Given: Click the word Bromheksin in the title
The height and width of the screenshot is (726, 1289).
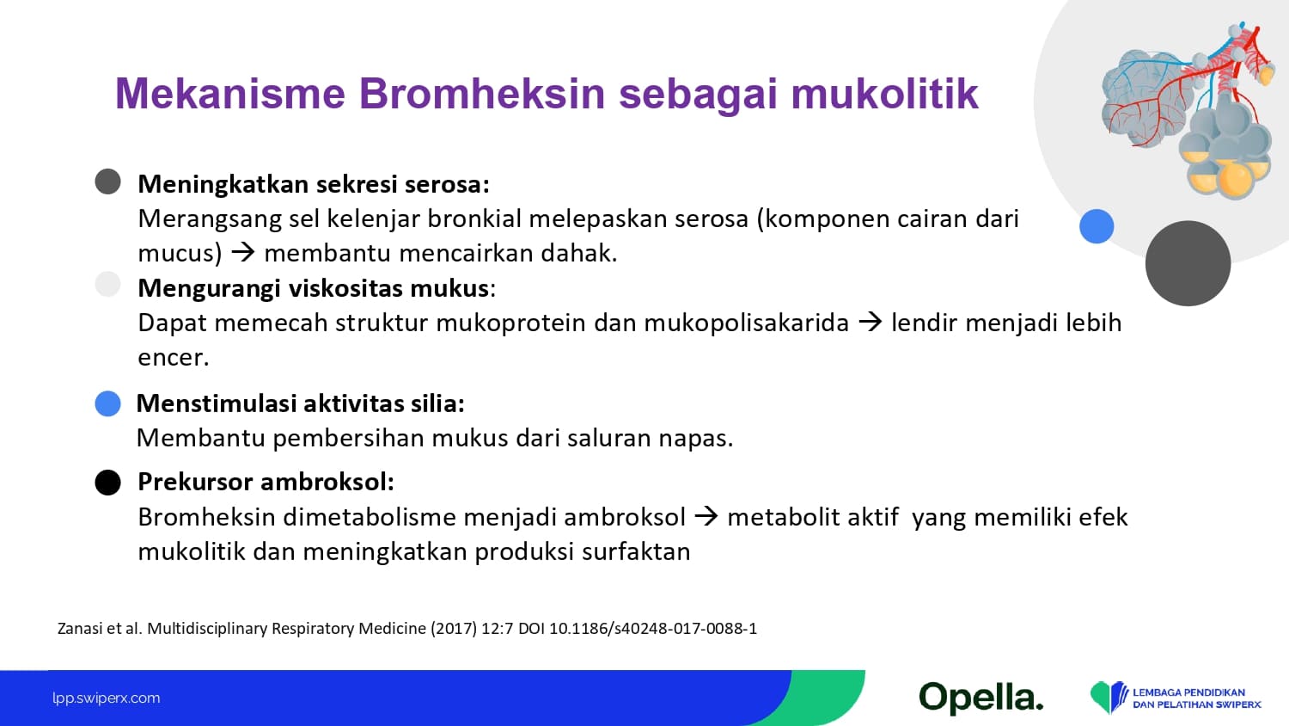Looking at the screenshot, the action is coord(481,94).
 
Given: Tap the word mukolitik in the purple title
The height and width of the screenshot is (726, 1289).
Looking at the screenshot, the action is coord(884,94).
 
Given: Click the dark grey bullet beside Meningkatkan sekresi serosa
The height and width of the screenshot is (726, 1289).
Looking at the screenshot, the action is coord(107,181).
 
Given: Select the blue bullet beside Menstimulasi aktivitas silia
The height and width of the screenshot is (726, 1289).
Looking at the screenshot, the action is coord(107,403).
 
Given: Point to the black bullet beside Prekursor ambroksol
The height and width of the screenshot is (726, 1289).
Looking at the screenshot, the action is coord(107,483).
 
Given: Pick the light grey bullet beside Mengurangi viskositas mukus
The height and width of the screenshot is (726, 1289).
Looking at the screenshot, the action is coord(107,284).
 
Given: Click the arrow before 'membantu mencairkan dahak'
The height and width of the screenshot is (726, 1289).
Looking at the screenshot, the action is coord(243,252).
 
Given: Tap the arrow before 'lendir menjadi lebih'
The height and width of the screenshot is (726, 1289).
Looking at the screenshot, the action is coord(870,322).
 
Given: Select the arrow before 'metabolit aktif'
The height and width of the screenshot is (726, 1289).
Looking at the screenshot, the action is coord(706,516).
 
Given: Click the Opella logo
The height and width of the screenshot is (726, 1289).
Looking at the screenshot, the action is coord(981,698).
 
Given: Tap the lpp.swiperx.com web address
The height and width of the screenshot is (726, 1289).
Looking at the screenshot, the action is coord(107,698).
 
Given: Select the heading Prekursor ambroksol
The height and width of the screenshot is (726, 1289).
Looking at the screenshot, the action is coord(266,482).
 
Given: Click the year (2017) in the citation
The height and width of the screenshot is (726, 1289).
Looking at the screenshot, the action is coord(454,628).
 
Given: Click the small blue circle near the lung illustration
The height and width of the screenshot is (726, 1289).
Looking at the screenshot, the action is coord(1097,226).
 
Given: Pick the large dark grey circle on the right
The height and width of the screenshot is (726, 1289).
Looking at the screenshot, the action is coord(1188,263).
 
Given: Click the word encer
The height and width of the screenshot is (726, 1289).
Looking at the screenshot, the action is coord(174,358).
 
